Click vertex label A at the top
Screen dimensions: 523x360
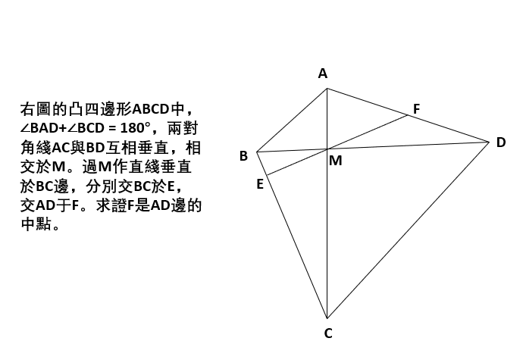pyautogui.click(x=323, y=74)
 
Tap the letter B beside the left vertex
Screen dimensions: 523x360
pyautogui.click(x=243, y=156)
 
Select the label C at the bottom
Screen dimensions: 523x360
pyautogui.click(x=328, y=333)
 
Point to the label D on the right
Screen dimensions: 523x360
pyautogui.click(x=501, y=142)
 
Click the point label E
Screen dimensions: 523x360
pyautogui.click(x=260, y=184)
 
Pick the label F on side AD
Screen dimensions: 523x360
pyautogui.click(x=416, y=109)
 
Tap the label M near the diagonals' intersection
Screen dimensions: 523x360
pyautogui.click(x=336, y=161)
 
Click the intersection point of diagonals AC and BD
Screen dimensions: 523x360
pyautogui.click(x=327, y=149)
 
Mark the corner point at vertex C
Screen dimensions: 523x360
pyautogui.click(x=327, y=318)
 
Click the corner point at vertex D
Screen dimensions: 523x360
pyautogui.click(x=489, y=142)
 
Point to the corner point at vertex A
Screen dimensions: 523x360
pyautogui.click(x=327, y=89)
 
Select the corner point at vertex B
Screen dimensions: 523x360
pyautogui.click(x=256, y=152)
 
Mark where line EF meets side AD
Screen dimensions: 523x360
pyautogui.click(x=408, y=115)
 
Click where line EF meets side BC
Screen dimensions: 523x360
pyautogui.click(x=267, y=175)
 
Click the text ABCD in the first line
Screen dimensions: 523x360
pyautogui.click(x=151, y=109)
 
